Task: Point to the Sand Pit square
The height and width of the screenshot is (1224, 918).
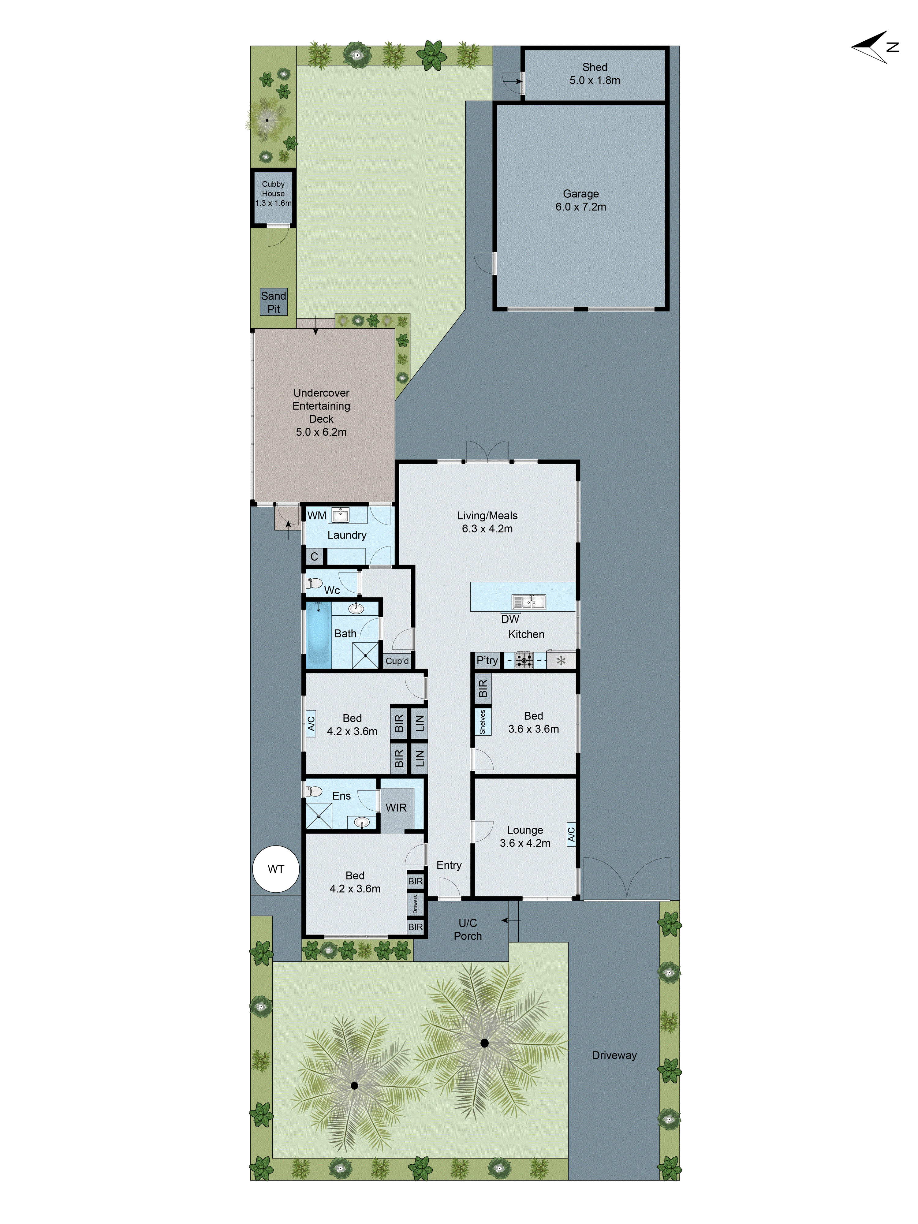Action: click(x=273, y=302)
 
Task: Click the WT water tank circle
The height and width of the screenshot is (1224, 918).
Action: click(x=276, y=869)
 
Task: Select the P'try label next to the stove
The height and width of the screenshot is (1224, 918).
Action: click(x=487, y=660)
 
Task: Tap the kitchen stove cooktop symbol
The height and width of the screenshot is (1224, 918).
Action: click(x=524, y=660)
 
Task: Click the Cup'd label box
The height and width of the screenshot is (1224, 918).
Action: click(x=397, y=661)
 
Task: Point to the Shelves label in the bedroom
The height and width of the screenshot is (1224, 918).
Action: click(x=482, y=722)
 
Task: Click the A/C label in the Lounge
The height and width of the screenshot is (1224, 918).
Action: click(x=571, y=834)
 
